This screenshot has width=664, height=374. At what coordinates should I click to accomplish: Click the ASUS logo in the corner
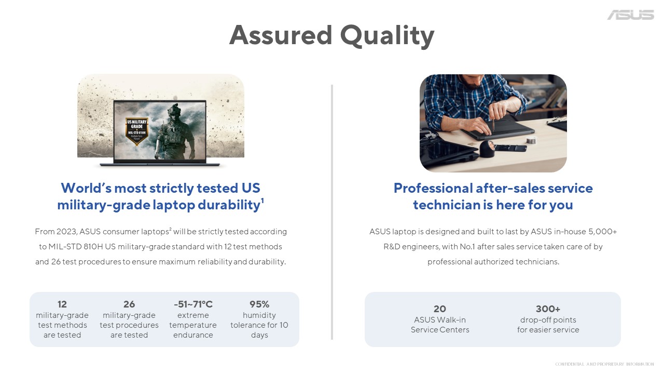pyautogui.click(x=630, y=15)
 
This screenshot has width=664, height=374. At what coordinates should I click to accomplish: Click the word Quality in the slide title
pyautogui.click(x=387, y=35)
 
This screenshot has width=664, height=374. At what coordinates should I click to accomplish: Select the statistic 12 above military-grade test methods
pyautogui.click(x=62, y=304)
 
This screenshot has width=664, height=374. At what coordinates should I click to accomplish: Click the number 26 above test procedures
pyautogui.click(x=129, y=304)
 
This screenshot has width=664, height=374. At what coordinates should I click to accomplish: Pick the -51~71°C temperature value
pyautogui.click(x=193, y=304)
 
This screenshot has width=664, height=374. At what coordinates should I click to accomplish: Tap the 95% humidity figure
pyautogui.click(x=259, y=304)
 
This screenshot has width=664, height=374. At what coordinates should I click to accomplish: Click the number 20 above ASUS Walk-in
pyautogui.click(x=439, y=309)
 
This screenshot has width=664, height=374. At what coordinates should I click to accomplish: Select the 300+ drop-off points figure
pyautogui.click(x=548, y=309)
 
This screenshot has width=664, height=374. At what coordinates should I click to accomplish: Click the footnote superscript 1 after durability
pyautogui.click(x=262, y=201)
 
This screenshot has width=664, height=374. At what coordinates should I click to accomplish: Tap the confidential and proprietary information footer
pyautogui.click(x=604, y=364)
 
